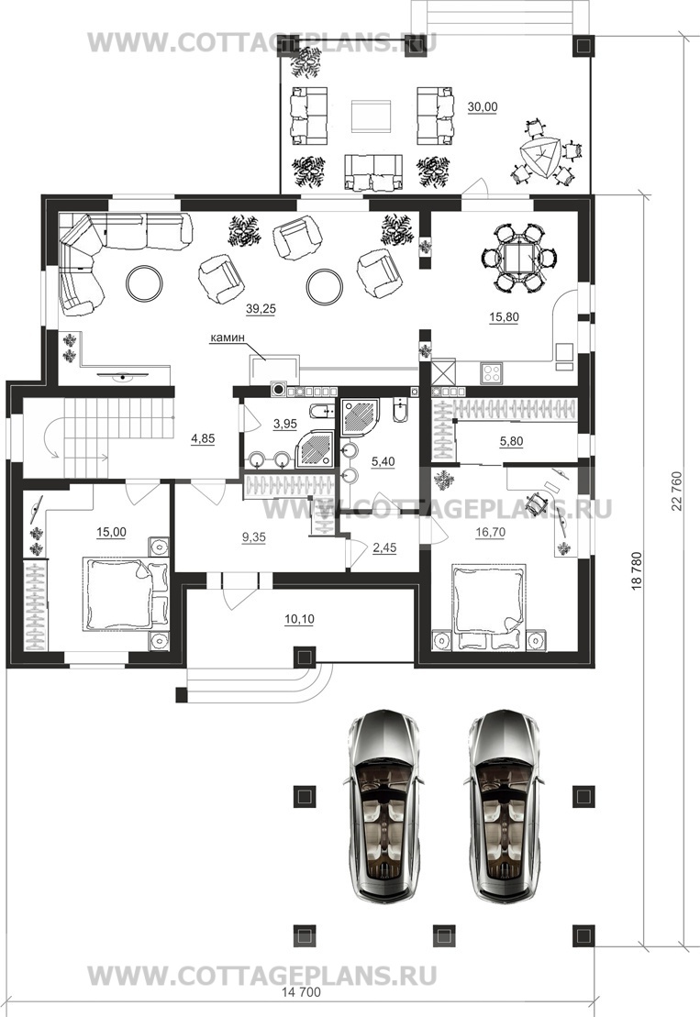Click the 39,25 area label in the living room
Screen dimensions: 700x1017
(x=261, y=309)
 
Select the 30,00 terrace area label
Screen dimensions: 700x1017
(x=483, y=107)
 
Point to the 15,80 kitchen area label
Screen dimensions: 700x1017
(x=504, y=317)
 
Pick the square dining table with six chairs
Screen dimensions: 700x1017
(x=518, y=258)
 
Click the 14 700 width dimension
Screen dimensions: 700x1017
(x=301, y=992)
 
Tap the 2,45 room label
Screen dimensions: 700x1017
(x=384, y=548)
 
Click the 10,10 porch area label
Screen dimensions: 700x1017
(x=299, y=619)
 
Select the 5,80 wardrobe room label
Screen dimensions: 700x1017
(x=511, y=442)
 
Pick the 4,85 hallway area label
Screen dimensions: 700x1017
(x=203, y=439)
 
